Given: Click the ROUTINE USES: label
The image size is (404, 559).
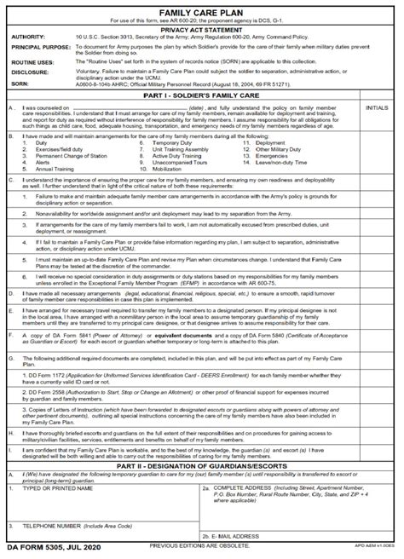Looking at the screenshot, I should click(32, 62).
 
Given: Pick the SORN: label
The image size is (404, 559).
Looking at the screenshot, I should click(20, 85).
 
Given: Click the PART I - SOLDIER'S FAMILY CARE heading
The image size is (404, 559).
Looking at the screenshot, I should click(201, 95).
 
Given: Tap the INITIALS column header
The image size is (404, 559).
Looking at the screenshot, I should click(378, 108).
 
